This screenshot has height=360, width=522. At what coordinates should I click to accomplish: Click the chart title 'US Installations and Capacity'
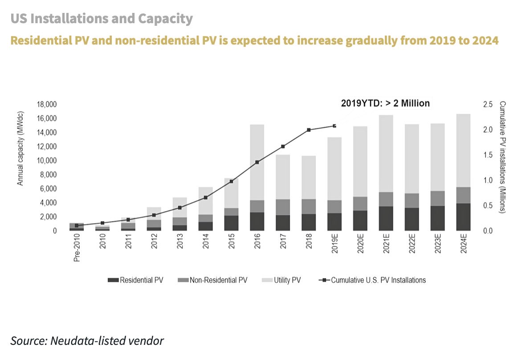coord(102,19)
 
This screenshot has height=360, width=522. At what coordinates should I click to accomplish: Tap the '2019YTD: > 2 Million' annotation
coord(385,103)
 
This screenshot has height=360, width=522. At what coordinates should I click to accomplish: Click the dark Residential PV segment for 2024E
coord(463,217)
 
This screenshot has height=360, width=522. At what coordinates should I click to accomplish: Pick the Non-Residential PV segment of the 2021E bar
coord(386,199)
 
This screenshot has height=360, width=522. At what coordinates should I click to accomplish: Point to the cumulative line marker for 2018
coord(309,130)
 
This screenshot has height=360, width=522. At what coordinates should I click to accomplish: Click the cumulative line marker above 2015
coord(231,181)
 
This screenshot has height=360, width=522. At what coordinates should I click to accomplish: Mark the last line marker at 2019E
coord(334,126)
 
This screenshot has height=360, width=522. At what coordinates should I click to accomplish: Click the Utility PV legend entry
coord(285,280)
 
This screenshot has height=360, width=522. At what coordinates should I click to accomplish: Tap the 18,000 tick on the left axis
coord(47,105)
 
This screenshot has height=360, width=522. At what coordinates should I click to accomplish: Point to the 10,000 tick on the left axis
coord(47,161)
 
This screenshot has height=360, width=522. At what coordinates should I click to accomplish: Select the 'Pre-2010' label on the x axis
coord(77,250)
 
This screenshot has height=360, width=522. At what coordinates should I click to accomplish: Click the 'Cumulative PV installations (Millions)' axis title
coord(502,157)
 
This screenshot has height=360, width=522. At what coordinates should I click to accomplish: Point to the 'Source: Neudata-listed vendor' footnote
coord(87,341)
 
